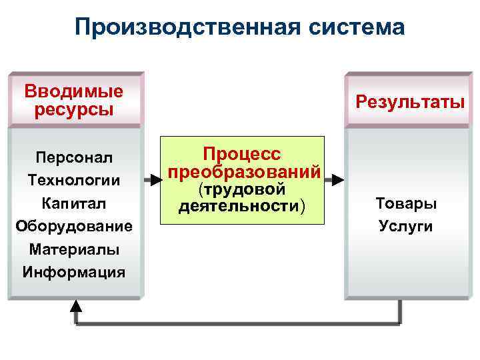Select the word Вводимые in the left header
74,91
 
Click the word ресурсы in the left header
74,109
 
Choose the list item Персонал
74,158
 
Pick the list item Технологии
74,181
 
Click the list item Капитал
74,203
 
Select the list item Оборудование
74,226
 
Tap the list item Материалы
74,249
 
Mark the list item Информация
74,272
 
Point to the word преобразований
245,171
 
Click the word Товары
406,203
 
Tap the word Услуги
406,226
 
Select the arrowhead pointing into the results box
339,179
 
